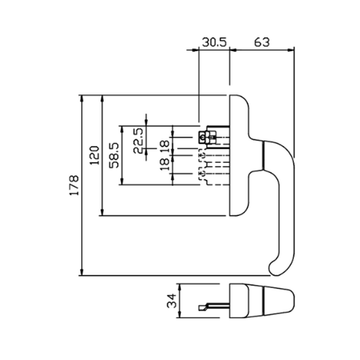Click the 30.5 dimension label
[x=213, y=42]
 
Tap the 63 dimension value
[x=262, y=42]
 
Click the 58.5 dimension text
[x=115, y=155]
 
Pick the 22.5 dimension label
[x=138, y=140]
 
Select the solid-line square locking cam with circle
[x=202, y=137]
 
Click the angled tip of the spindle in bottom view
[x=202, y=307]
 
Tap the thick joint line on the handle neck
[x=262, y=155]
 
